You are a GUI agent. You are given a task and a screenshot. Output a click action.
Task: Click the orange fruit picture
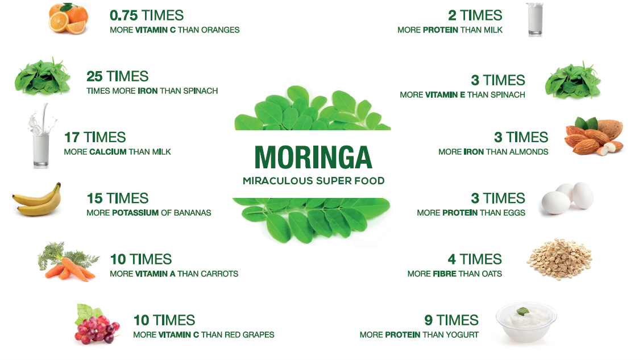coord(68,18)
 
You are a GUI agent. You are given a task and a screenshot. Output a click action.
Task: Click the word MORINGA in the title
coord(313,157)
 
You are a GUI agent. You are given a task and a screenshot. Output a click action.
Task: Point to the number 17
coord(72,137)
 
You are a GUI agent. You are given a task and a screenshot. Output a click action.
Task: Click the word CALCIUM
coord(108,152)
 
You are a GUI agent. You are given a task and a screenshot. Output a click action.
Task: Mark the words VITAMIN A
coord(155,274)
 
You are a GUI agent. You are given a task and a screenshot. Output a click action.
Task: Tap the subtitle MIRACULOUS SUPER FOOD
coord(313,181)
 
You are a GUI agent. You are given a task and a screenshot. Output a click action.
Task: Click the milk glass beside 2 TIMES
coord(534,19)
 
